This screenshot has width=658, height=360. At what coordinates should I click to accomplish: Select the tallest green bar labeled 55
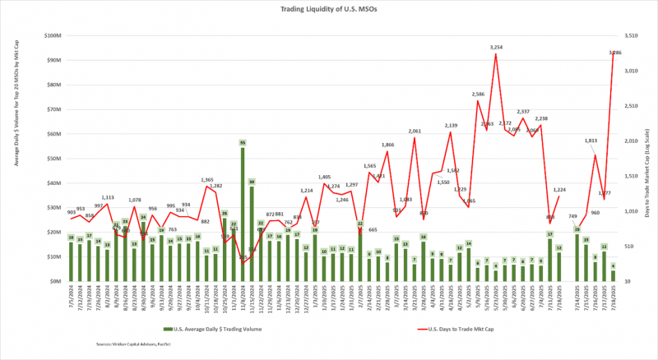[x=243, y=212]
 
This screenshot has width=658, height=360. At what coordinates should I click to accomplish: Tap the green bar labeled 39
[x=252, y=233]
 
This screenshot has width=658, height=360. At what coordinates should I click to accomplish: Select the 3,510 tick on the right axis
[x=629, y=36]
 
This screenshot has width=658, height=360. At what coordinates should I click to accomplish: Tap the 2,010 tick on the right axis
[x=629, y=141]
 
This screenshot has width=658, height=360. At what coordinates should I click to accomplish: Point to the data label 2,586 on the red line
[x=479, y=95]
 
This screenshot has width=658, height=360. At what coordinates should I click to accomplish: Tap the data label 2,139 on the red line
[x=451, y=126]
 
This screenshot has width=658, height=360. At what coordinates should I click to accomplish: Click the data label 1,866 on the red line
[x=388, y=145]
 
